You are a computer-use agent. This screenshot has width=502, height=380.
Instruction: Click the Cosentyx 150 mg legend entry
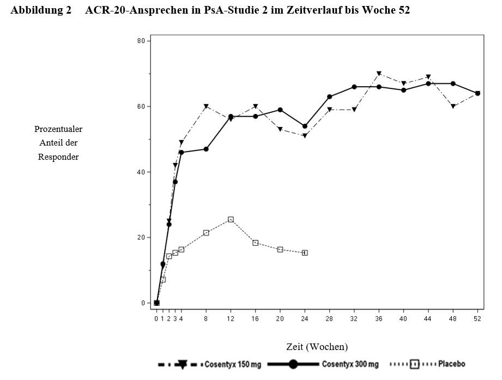[210, 364]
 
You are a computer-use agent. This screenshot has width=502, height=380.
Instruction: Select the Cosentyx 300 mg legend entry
[323, 364]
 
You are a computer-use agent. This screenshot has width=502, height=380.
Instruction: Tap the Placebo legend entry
[428, 364]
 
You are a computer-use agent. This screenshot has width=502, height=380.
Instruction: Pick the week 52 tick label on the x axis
[477, 318]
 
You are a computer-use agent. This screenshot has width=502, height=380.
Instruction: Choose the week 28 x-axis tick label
[329, 318]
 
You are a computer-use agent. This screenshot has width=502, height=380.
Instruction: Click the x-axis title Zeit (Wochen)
[317, 347]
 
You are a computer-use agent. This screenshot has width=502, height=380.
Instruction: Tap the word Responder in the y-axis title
[58, 157]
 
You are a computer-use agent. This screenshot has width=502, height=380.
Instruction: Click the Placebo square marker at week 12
[231, 220]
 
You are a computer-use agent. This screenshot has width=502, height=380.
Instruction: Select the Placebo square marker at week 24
[305, 253]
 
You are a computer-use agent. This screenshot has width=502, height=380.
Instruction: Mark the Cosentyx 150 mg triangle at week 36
[379, 74]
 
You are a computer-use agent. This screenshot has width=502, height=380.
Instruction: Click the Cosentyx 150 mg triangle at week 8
[206, 106]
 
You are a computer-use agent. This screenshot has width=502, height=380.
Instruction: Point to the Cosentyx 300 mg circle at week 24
[305, 126]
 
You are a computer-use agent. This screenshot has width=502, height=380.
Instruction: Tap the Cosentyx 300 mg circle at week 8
[206, 149]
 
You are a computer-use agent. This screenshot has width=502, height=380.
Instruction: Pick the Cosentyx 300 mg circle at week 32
[354, 87]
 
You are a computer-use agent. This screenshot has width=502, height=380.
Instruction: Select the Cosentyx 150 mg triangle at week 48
[453, 106]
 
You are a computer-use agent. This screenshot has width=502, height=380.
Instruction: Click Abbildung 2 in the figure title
[41, 10]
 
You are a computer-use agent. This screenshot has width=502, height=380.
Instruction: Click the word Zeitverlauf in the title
[314, 10]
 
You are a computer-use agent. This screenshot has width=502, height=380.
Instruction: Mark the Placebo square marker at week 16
[255, 243]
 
